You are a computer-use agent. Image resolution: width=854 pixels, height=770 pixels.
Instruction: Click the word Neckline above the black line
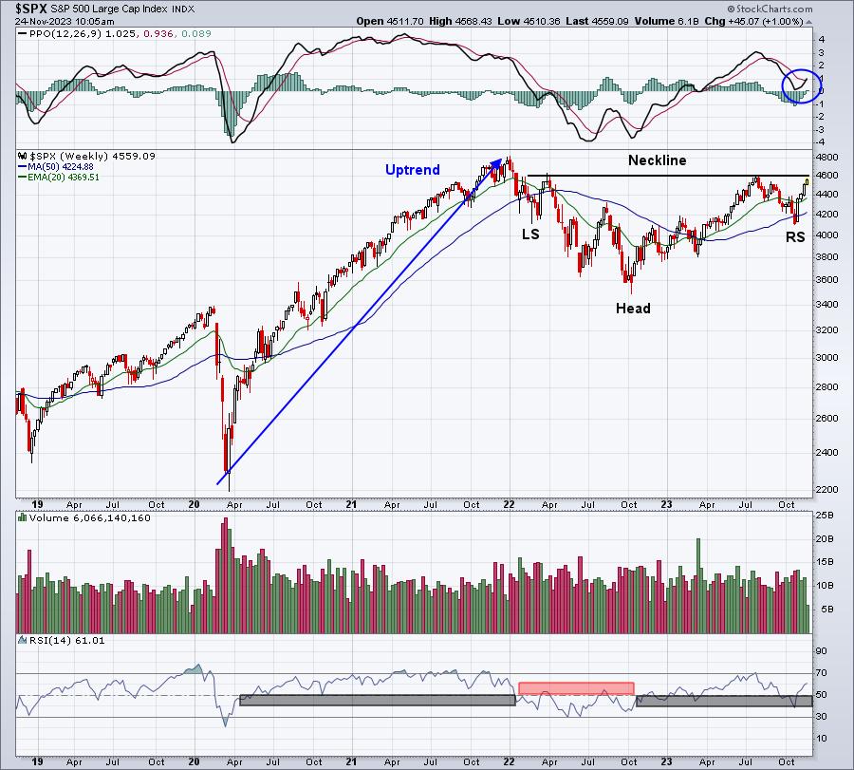(657, 161)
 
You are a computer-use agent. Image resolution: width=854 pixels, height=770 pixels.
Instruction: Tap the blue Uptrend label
(412, 170)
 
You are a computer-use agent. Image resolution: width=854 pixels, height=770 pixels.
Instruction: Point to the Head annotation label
(633, 308)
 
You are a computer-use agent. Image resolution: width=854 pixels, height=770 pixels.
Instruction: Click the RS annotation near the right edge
(794, 237)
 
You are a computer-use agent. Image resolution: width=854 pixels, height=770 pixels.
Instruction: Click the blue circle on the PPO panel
(801, 85)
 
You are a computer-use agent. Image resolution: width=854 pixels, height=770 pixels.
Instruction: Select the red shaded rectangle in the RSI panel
(576, 687)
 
